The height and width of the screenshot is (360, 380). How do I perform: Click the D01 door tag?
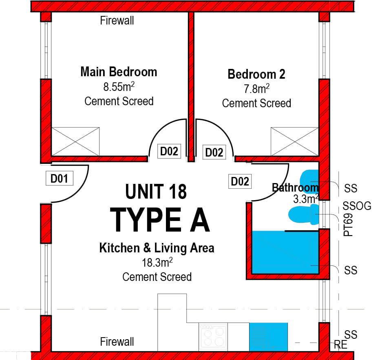point(60,178)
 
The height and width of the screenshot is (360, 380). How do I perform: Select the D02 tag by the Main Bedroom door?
point(169,151)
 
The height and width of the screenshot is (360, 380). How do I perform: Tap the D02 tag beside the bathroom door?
point(240,181)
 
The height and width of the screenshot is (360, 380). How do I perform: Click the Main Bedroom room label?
point(119,72)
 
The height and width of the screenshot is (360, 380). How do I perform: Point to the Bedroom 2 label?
point(256,74)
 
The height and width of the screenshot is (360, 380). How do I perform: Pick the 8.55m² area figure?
point(119,86)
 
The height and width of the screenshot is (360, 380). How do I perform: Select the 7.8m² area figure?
point(256,88)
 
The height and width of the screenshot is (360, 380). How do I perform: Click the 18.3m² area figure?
point(157,263)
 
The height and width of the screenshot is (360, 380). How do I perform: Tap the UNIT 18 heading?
point(156,191)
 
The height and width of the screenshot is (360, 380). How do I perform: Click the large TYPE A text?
point(160,220)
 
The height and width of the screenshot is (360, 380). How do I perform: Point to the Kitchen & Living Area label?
point(157,248)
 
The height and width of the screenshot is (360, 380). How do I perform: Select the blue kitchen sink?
point(269,337)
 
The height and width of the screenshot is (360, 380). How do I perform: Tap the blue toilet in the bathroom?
point(304,214)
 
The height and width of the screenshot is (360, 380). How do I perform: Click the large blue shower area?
point(285,253)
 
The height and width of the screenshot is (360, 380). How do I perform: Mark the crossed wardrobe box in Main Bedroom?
point(75,142)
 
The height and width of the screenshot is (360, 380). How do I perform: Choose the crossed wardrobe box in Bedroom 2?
point(294,142)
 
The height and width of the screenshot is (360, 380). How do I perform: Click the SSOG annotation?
point(357,206)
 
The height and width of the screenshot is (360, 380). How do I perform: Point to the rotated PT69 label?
point(348,225)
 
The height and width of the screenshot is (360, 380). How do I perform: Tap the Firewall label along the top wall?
point(117,20)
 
